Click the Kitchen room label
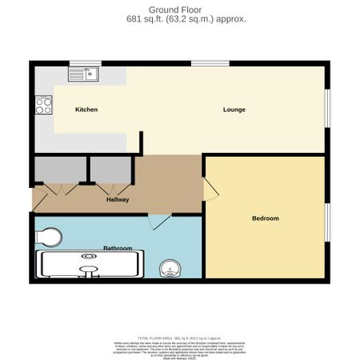point(86,109)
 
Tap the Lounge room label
point(234,109)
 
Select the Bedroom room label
point(265,218)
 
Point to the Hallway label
point(118,199)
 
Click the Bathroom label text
point(118,248)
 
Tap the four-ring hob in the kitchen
point(42,106)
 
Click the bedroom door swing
point(210,190)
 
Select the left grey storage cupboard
point(58,171)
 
